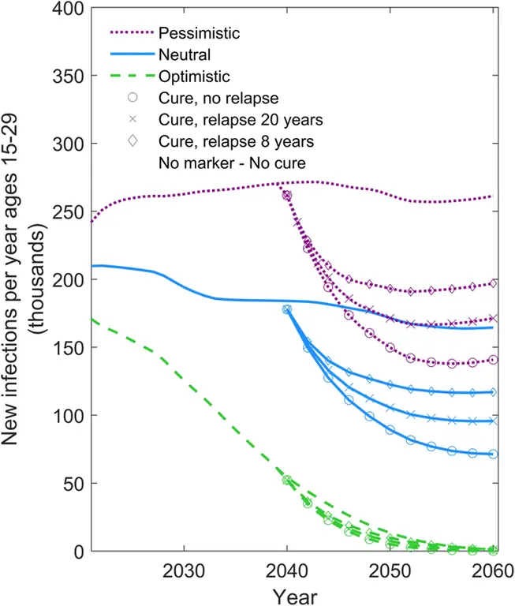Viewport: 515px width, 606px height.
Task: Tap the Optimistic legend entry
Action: click(193, 77)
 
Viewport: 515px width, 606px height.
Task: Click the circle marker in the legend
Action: click(132, 99)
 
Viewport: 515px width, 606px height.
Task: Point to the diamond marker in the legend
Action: click(132, 142)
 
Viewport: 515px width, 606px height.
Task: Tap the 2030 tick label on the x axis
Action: click(184, 570)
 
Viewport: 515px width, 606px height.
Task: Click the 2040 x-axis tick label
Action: click(287, 570)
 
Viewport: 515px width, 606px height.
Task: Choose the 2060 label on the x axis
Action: click(492, 570)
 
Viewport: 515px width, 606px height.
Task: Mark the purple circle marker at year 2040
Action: click(287, 196)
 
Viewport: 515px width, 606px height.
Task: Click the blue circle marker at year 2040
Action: click(287, 310)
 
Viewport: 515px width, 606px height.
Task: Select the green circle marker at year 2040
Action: click(287, 480)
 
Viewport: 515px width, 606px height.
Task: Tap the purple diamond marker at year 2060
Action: click(494, 283)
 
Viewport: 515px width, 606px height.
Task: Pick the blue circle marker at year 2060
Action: click(494, 454)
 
